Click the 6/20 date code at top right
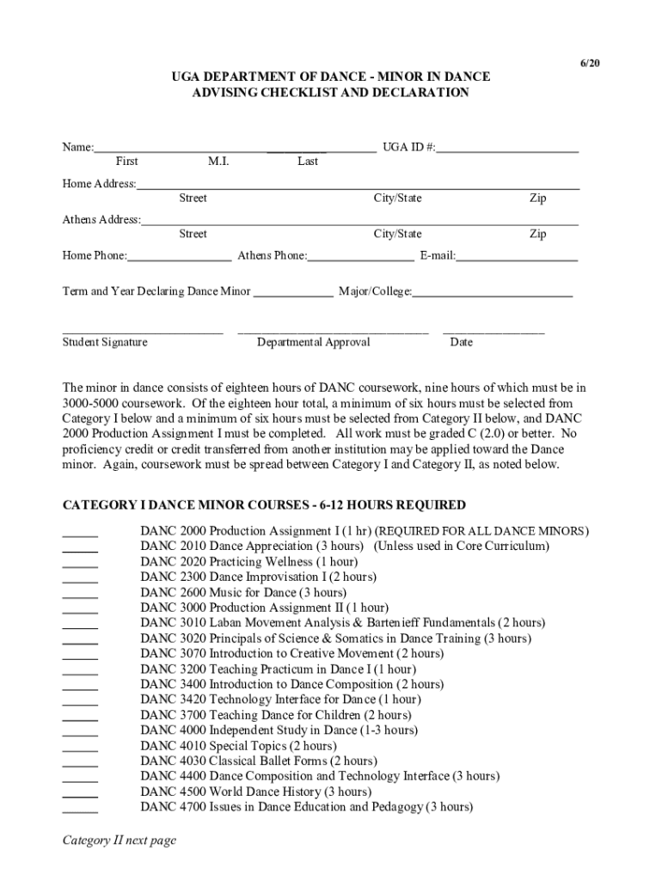588,64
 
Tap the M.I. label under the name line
218,162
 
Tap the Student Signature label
105,342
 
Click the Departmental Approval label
313,342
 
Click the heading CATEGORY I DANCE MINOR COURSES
264,505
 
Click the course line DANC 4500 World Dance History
255,791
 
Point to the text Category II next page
119,840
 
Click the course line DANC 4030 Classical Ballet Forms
258,761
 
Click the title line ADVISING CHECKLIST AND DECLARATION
330,93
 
